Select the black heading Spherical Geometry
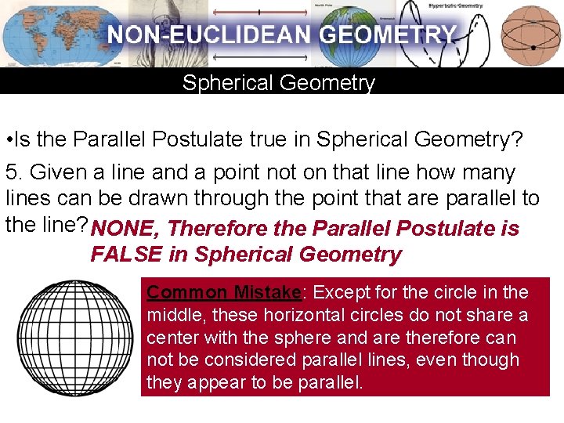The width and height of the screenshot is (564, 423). coord(279,83)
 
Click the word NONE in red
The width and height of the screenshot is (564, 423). coord(125,229)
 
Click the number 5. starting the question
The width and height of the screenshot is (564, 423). coord(13,172)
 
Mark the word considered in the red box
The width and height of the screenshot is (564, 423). coord(242,360)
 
